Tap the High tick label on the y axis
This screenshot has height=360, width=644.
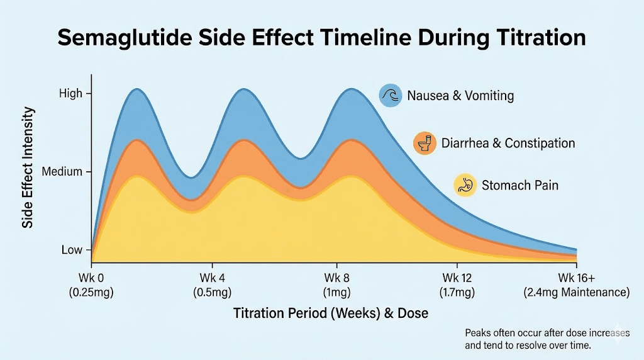pos(70,94)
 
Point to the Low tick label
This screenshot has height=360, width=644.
pos(72,250)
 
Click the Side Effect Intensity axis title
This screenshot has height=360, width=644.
pos(28,167)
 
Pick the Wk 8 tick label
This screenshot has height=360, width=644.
pos(336,278)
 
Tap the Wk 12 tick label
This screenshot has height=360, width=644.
pos(457,278)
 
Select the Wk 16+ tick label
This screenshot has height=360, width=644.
pos(576,278)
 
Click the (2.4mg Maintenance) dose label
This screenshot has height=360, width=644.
pos(576,293)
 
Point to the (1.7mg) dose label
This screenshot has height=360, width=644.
pos(457,293)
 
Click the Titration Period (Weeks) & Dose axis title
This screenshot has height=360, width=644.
pos(331,313)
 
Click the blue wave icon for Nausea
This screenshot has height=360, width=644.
pos(390,96)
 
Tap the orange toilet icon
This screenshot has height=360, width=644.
pos(425,143)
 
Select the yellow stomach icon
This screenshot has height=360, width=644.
pos(465,186)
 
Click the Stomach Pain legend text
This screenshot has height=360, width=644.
pos(519,186)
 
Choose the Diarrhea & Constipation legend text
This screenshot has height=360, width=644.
pos(508,143)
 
